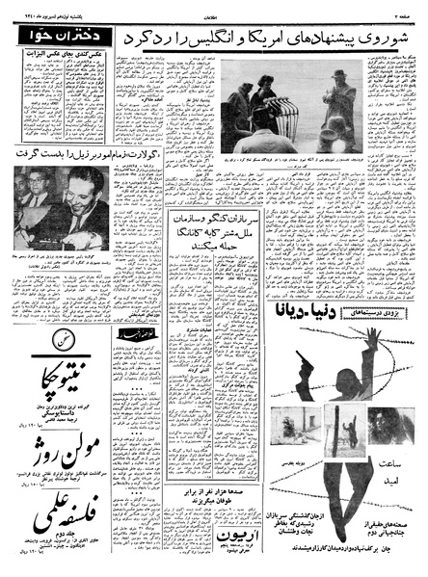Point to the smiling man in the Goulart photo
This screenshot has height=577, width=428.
coord(87,202)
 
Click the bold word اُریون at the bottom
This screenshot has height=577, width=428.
coord(193,544)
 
